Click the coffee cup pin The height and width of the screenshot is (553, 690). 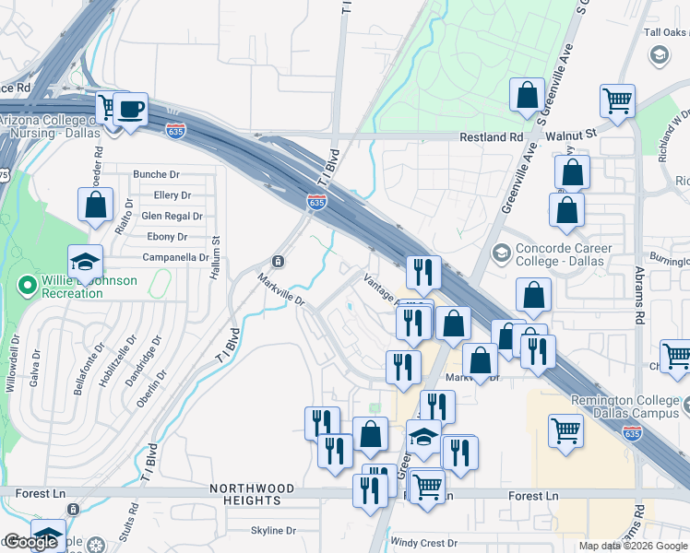[x=130, y=109]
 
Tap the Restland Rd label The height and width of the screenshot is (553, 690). [x=492, y=137]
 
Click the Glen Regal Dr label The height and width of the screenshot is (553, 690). [x=172, y=217]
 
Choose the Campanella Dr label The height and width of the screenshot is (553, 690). [x=175, y=257]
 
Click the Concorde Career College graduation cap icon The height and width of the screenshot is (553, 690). [x=502, y=253]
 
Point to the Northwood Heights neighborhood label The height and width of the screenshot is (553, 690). [x=252, y=494]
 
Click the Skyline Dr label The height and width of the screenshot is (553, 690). [x=273, y=531]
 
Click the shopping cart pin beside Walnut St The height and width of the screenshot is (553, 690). [x=616, y=100]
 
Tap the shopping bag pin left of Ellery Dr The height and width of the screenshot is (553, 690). [x=95, y=205]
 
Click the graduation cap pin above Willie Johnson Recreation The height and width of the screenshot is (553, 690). [x=85, y=261]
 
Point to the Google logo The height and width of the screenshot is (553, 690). [x=30, y=543]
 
